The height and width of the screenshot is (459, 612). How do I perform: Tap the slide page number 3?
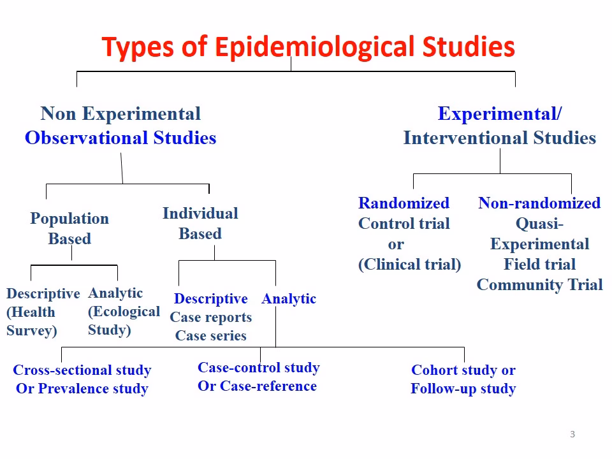pyautogui.click(x=572, y=435)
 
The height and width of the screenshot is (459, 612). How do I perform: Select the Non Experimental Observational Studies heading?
pyautogui.click(x=120, y=126)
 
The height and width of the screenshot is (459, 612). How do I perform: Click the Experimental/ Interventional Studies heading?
pyautogui.click(x=500, y=126)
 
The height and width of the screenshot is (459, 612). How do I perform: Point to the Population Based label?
pyautogui.click(x=69, y=229)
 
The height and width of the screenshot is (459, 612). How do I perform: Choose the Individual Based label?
pyautogui.click(x=200, y=224)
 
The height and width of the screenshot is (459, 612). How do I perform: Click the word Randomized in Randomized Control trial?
pyautogui.click(x=404, y=203)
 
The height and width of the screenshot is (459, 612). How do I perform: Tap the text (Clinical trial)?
pyautogui.click(x=409, y=265)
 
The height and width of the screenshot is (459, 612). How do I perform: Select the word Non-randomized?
pyautogui.click(x=539, y=203)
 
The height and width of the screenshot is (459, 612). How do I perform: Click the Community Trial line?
pyautogui.click(x=539, y=285)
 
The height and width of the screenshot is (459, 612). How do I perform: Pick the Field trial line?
pyautogui.click(x=539, y=265)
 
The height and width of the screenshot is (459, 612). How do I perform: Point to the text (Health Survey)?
pyautogui.click(x=32, y=321)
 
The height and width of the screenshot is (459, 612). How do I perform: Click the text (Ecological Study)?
pyautogui.click(x=124, y=321)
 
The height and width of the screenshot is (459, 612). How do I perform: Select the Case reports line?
pyautogui.click(x=210, y=317)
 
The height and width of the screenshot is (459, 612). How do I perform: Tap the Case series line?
pyautogui.click(x=210, y=336)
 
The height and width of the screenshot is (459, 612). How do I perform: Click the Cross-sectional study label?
pyautogui.click(x=82, y=370)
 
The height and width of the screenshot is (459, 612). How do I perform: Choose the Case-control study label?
pyautogui.click(x=259, y=368)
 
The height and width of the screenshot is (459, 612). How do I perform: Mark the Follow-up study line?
pyautogui.click(x=463, y=389)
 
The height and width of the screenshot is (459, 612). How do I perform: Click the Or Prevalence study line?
pyautogui.click(x=82, y=389)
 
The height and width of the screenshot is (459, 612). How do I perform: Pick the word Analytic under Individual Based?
pyautogui.click(x=289, y=299)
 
